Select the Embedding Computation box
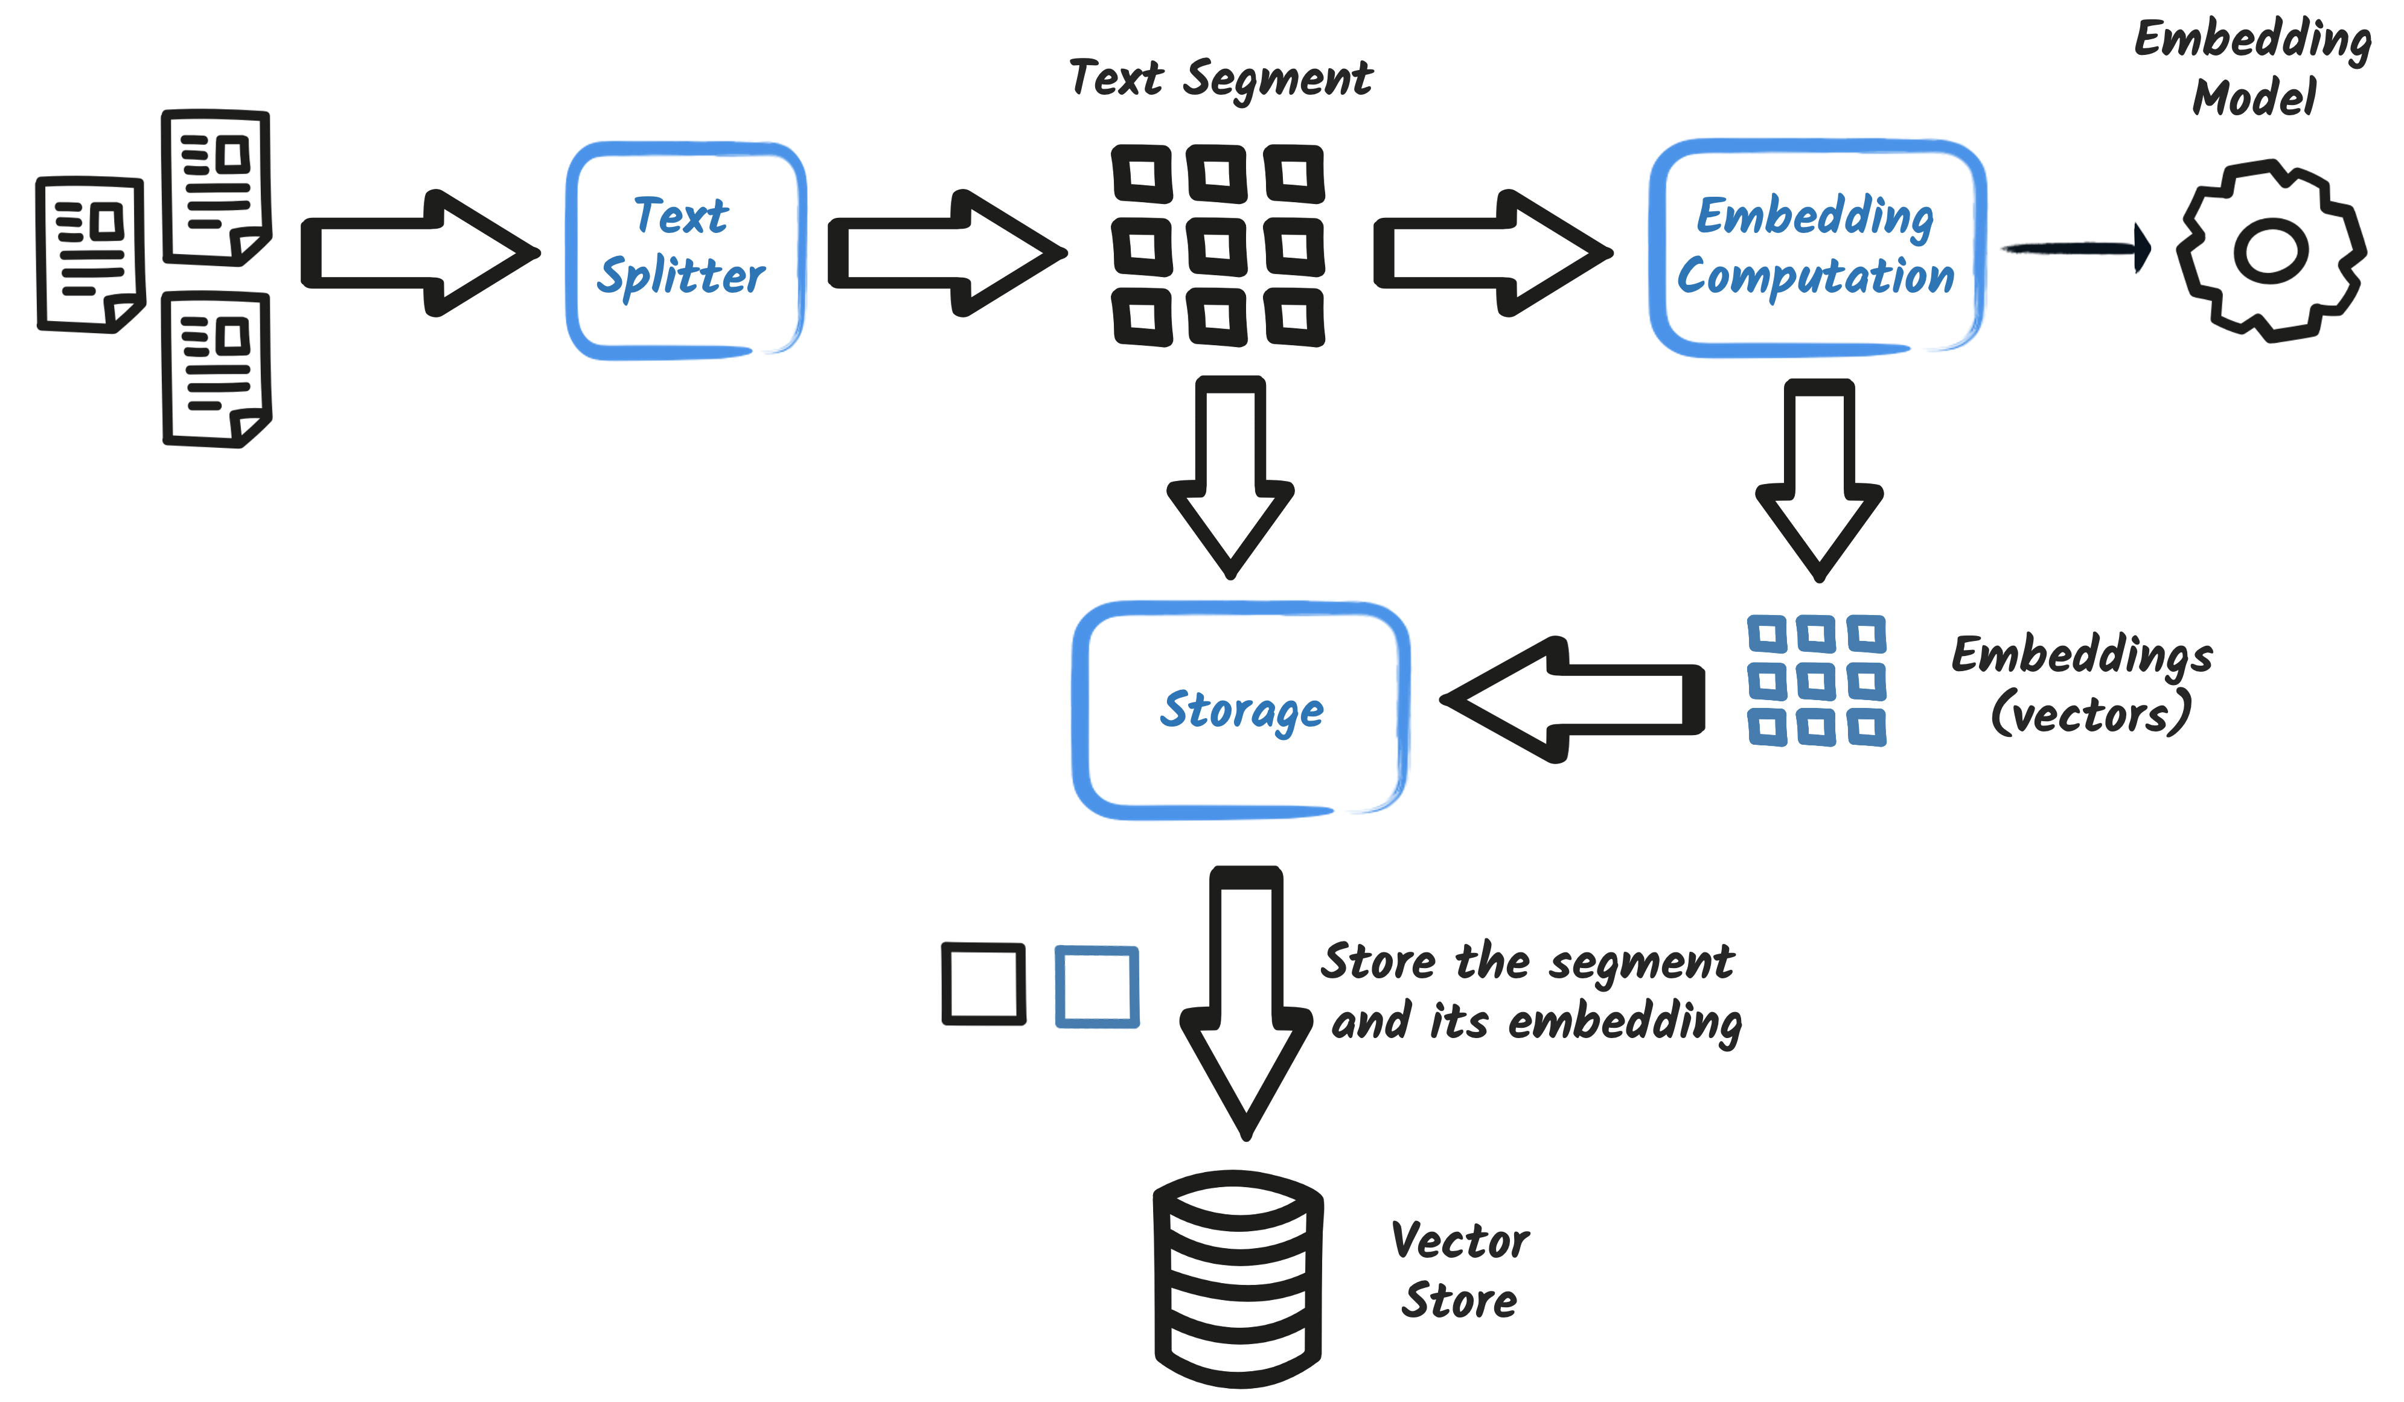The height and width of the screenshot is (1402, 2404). click(x=1817, y=248)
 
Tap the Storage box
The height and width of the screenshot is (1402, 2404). click(x=1240, y=710)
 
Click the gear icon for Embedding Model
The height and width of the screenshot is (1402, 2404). click(x=2271, y=250)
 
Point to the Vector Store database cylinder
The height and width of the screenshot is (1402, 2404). click(x=1238, y=1278)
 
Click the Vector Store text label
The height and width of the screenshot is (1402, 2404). click(x=1460, y=1270)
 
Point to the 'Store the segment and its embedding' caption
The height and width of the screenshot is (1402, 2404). click(x=1530, y=992)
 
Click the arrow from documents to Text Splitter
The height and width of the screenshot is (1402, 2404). click(x=420, y=253)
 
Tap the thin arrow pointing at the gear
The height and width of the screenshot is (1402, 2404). click(x=2076, y=248)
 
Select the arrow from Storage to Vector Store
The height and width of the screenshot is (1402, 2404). click(x=1246, y=1001)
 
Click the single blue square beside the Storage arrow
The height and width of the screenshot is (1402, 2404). click(x=1096, y=986)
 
